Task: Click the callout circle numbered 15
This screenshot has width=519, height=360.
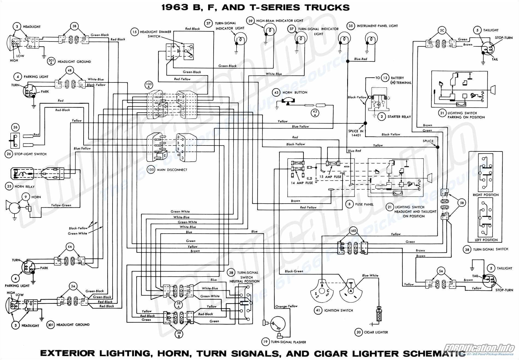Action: tap(134, 32)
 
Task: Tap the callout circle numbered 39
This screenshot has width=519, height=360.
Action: tap(250, 21)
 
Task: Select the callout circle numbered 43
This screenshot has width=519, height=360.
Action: tap(276, 93)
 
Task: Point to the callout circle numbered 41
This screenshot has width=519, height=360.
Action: tap(318, 310)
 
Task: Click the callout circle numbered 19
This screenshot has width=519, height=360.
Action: tap(265, 342)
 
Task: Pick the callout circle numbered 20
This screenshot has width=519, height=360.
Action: tap(358, 332)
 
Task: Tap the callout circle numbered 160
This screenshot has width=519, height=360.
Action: tap(353, 231)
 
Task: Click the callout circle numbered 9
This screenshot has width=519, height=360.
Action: tap(26, 197)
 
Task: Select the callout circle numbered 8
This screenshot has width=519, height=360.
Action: tap(349, 204)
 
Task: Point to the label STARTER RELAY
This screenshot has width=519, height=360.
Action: tap(399, 117)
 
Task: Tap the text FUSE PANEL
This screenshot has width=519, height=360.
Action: tap(364, 204)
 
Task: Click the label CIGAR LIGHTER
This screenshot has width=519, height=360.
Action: tap(376, 332)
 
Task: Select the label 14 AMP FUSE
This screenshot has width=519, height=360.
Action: tap(302, 183)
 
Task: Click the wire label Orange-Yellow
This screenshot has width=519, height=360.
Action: tap(286, 306)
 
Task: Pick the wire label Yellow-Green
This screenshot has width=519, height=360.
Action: tap(61, 205)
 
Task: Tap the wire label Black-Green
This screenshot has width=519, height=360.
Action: tap(294, 271)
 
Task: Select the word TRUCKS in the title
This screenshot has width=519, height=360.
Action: tap(327, 7)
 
